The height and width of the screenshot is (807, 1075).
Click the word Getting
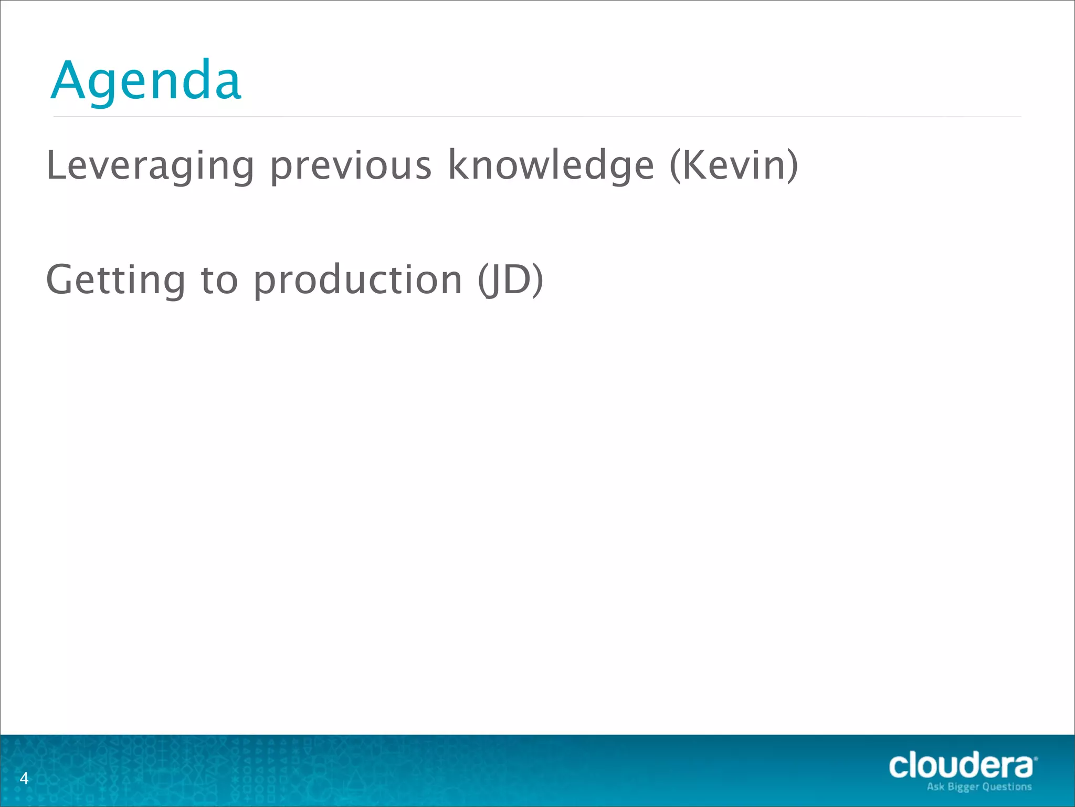(x=115, y=280)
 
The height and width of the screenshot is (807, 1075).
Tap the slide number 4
(x=24, y=778)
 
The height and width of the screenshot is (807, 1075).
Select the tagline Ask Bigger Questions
(x=979, y=787)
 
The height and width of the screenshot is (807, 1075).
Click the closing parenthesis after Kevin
(x=792, y=165)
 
